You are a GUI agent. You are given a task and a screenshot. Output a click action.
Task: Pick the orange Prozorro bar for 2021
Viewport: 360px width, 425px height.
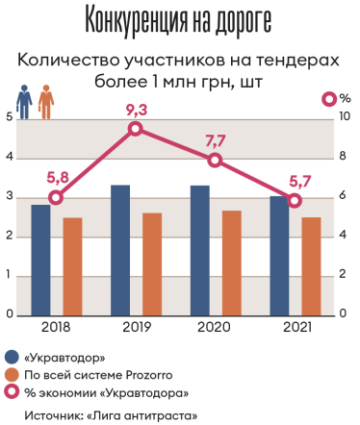310,266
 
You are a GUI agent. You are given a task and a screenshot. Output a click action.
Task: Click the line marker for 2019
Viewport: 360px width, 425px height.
136,129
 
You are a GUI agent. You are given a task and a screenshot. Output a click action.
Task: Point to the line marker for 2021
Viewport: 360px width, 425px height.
295,200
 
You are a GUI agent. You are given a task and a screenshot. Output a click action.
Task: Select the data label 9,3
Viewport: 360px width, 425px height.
136,109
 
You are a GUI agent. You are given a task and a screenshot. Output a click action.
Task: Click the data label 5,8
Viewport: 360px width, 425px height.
57,177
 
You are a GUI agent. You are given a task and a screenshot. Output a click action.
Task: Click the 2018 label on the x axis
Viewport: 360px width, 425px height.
57,329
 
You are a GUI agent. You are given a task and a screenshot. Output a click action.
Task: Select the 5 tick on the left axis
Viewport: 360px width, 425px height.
9,117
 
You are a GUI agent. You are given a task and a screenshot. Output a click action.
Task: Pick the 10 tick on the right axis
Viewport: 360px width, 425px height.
345,117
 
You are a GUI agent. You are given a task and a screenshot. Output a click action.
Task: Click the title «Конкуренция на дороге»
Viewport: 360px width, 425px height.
178,19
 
